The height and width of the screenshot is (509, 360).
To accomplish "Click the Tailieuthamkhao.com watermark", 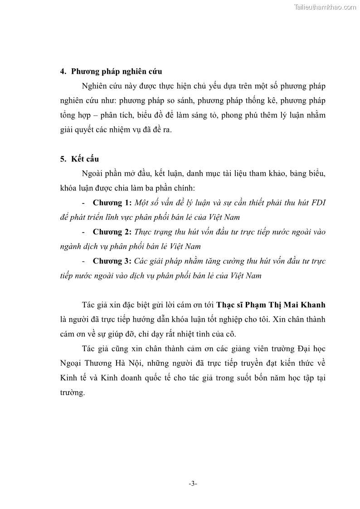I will click(x=325, y=7).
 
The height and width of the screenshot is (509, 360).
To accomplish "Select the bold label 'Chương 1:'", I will click(x=112, y=202).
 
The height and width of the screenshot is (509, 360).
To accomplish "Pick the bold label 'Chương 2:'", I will click(x=112, y=232).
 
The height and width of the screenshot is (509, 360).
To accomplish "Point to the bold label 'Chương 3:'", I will click(x=112, y=261).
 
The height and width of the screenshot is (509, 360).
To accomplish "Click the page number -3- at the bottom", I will click(x=193, y=484).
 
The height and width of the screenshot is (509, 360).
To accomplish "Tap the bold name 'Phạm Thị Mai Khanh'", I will click(x=283, y=304).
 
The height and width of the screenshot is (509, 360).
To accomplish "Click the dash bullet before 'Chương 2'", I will click(x=85, y=232).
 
